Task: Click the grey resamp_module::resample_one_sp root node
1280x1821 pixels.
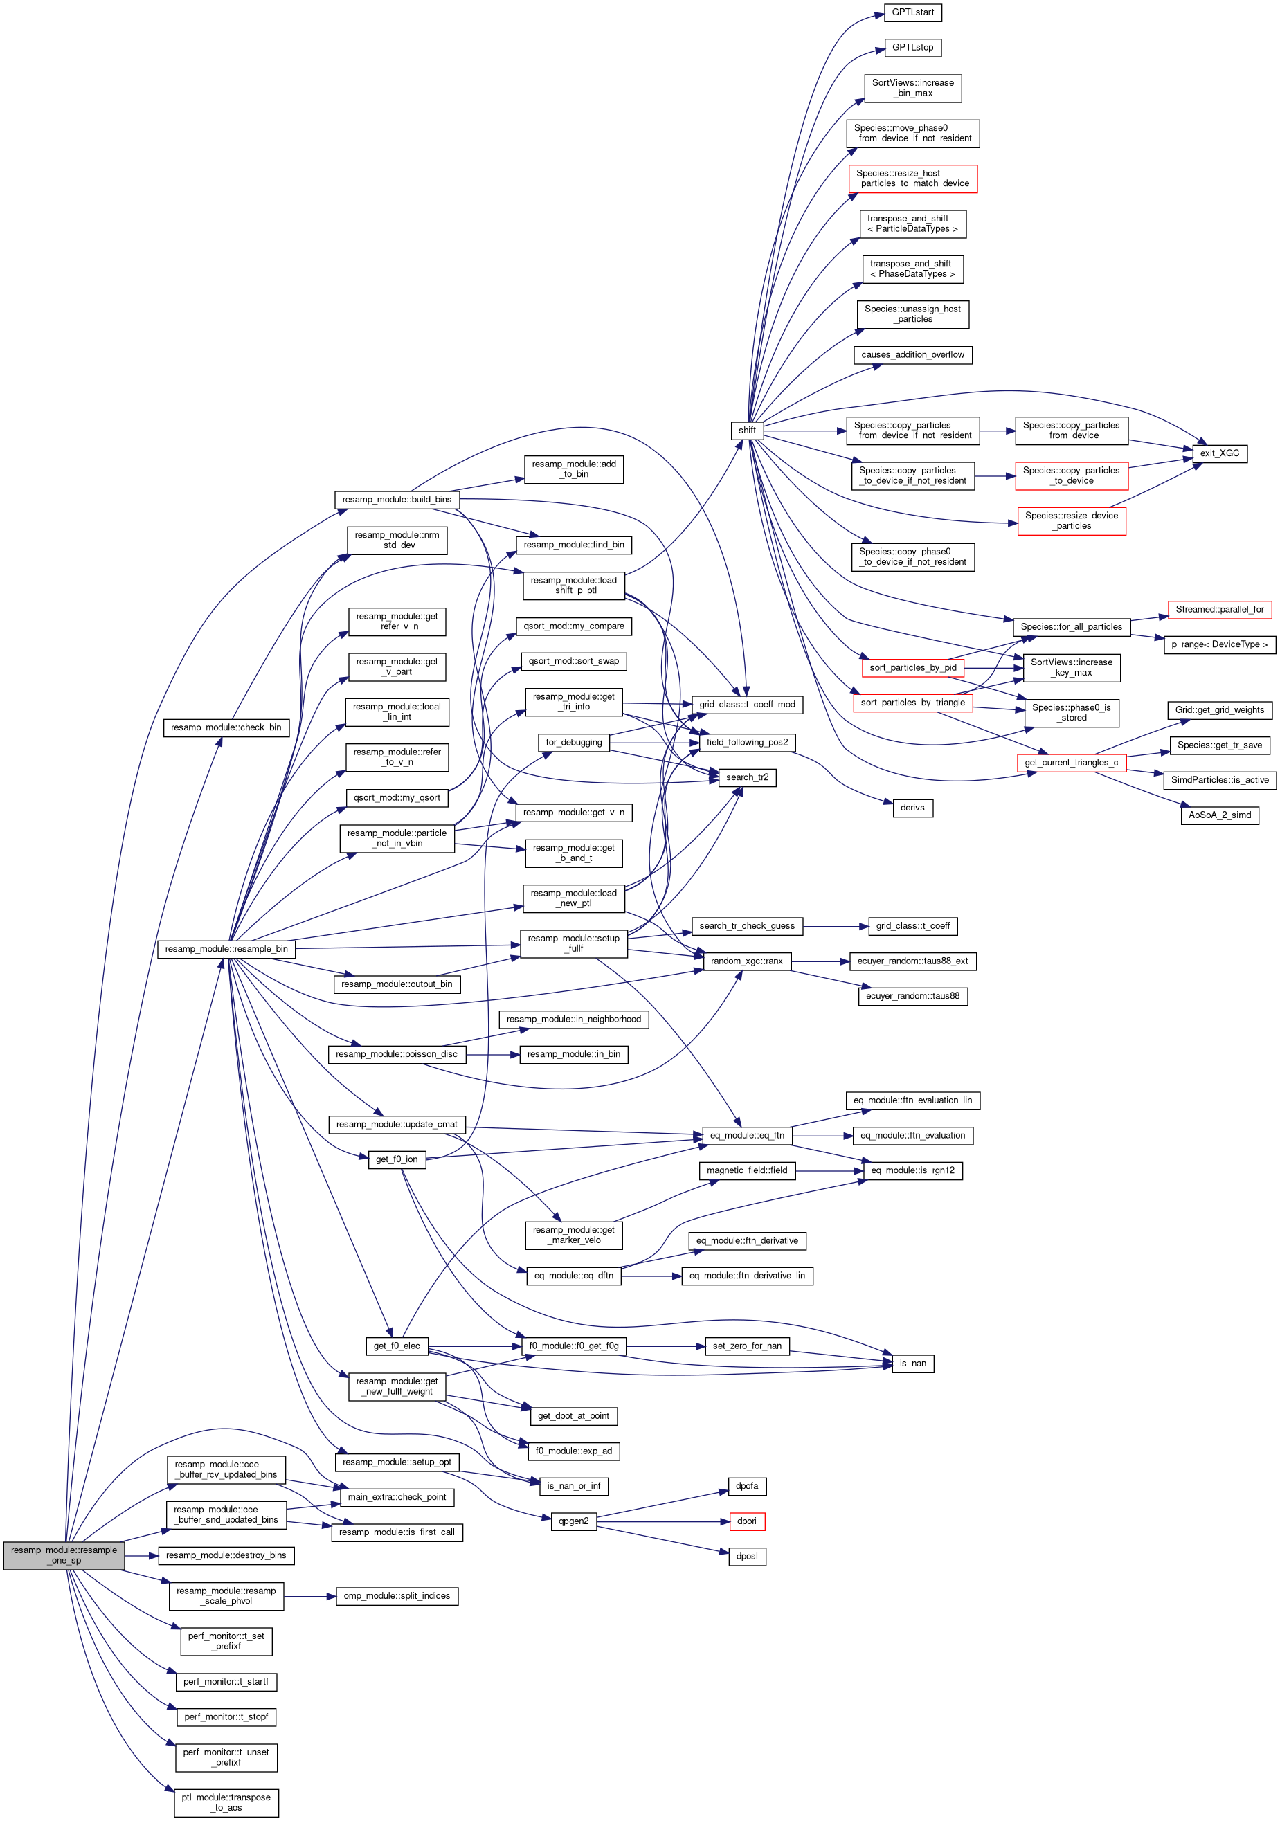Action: click(x=64, y=1555)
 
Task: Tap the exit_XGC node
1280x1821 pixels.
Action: click(x=1219, y=453)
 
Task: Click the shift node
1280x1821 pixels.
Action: click(x=747, y=431)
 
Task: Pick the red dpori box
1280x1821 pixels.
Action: click(x=746, y=1521)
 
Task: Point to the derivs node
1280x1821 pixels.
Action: click(x=912, y=808)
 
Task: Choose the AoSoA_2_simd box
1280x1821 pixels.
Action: click(x=1219, y=815)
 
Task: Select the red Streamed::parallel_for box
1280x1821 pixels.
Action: click(x=1219, y=609)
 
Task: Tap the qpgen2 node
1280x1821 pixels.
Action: click(x=573, y=1521)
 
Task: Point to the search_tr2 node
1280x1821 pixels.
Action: click(x=747, y=777)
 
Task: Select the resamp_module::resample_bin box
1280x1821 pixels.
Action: click(x=226, y=949)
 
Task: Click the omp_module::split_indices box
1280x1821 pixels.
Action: click(x=397, y=1596)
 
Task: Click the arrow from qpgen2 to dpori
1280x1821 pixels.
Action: click(x=663, y=1521)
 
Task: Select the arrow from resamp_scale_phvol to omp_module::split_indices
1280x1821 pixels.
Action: click(x=310, y=1596)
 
